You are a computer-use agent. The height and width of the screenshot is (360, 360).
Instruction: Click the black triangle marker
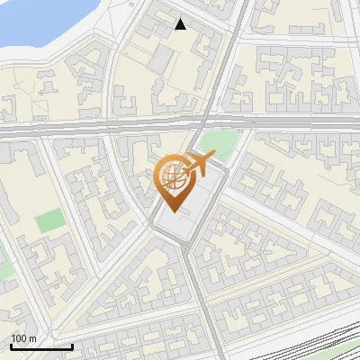click(181, 24)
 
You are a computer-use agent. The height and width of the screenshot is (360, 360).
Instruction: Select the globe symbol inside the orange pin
click(171, 179)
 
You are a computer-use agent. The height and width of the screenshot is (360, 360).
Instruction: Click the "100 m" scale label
click(23, 338)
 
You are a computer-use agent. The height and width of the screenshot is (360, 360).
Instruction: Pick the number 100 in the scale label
click(19, 338)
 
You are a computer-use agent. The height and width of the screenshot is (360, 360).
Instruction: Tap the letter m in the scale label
click(32, 338)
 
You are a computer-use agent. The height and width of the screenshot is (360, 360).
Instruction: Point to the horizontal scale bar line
click(41, 346)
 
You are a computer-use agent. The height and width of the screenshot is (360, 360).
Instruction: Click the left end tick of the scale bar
click(11, 345)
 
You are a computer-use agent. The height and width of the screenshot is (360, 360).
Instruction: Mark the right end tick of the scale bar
click(72, 345)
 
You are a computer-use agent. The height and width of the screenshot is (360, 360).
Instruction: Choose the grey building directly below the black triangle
click(164, 59)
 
